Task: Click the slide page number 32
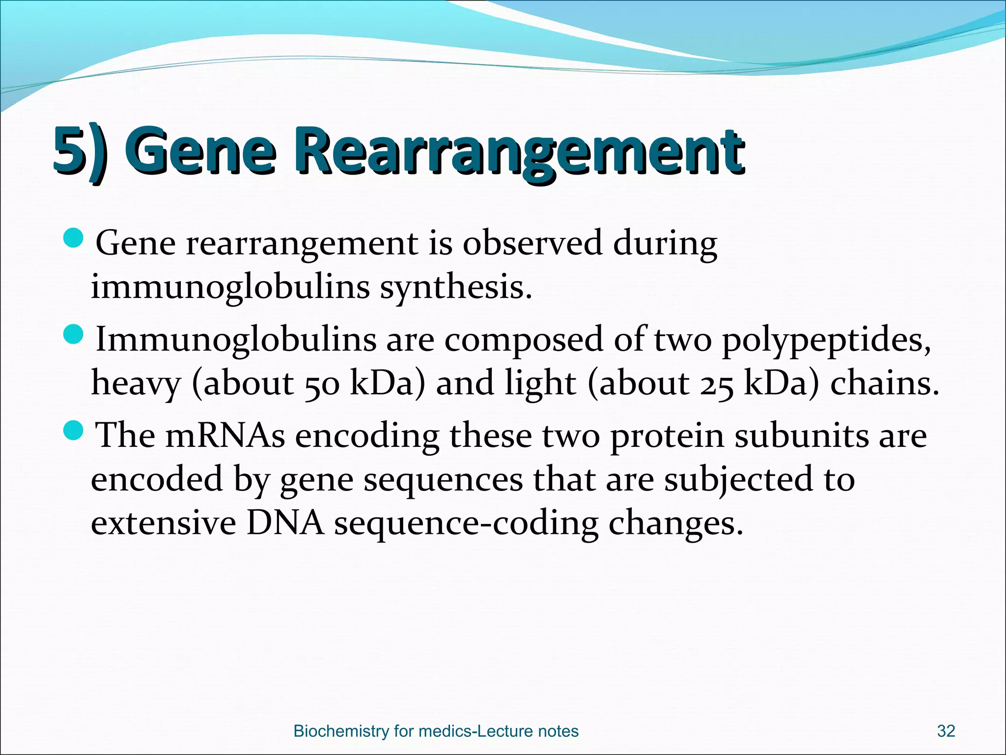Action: [x=946, y=731]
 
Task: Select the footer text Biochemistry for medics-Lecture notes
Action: [x=436, y=731]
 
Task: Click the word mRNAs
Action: [x=225, y=436]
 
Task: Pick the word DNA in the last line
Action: [x=285, y=523]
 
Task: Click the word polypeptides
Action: [x=825, y=341]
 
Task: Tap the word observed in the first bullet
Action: [x=532, y=243]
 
